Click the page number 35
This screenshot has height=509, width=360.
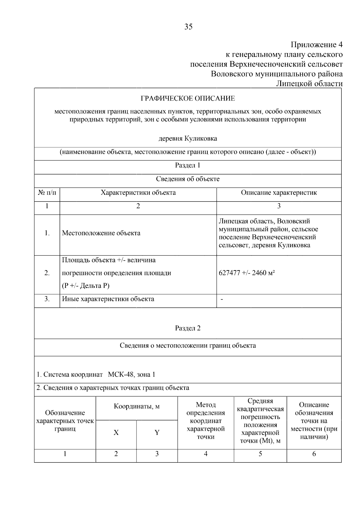click(x=188, y=27)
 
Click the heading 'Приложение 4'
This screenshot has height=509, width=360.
click(x=316, y=45)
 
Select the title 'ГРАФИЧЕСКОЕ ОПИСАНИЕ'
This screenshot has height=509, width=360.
click(x=188, y=98)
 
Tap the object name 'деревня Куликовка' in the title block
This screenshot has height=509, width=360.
click(x=188, y=139)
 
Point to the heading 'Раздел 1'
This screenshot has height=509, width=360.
click(x=188, y=165)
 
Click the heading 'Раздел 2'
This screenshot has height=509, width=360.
click(x=188, y=328)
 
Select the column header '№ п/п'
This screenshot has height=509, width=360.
click(x=47, y=193)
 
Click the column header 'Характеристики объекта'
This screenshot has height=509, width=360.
click(x=138, y=193)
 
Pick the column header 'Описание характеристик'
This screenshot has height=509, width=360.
click(x=279, y=193)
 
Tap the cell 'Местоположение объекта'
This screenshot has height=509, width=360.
click(x=101, y=233)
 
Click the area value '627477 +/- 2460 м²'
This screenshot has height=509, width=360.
click(x=247, y=273)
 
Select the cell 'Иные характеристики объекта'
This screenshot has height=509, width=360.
click(x=108, y=299)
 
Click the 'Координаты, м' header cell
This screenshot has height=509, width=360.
click(x=136, y=407)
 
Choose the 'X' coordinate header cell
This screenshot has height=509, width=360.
click(x=116, y=433)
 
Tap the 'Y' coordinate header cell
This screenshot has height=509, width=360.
click(x=157, y=433)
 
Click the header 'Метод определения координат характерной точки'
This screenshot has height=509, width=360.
click(x=205, y=421)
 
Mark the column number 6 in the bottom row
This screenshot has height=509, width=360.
click(x=314, y=454)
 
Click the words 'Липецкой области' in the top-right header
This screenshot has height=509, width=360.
click(x=309, y=83)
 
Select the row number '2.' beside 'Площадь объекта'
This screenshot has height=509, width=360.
click(x=47, y=273)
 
